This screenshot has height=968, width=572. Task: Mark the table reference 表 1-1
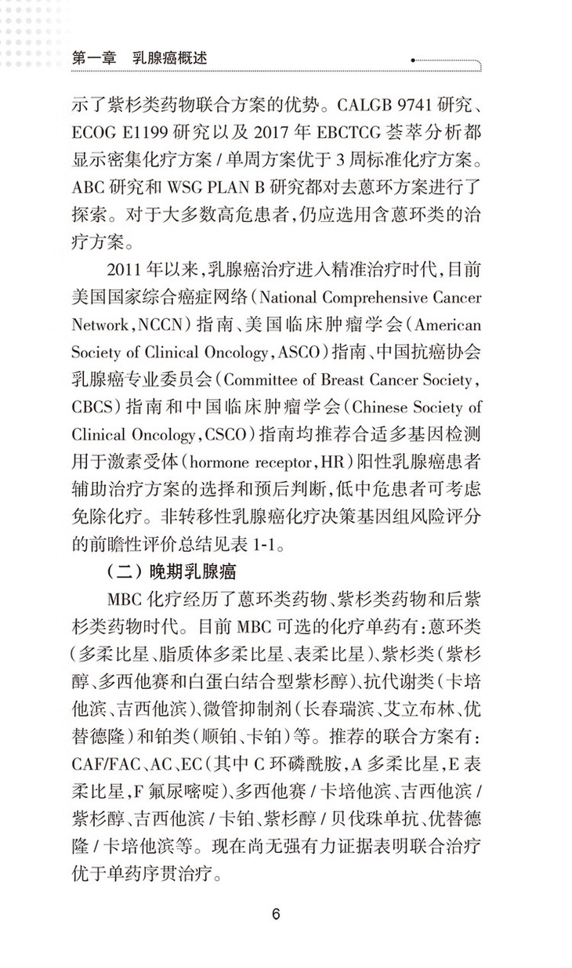click(259, 542)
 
